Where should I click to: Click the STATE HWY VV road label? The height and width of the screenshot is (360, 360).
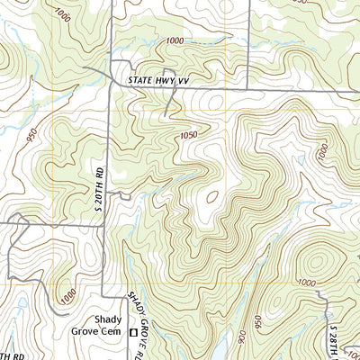[x=161, y=80]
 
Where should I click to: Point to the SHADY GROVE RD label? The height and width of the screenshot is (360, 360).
[x=136, y=310]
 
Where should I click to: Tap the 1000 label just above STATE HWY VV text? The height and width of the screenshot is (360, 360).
[x=175, y=41]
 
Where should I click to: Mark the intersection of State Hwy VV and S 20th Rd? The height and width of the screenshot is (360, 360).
[x=110, y=87]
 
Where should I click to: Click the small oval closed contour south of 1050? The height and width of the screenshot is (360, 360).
[x=211, y=195]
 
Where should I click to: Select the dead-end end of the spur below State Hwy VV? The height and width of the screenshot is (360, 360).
[x=168, y=116]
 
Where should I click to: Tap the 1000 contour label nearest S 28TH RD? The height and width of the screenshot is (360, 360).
[x=307, y=282]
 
